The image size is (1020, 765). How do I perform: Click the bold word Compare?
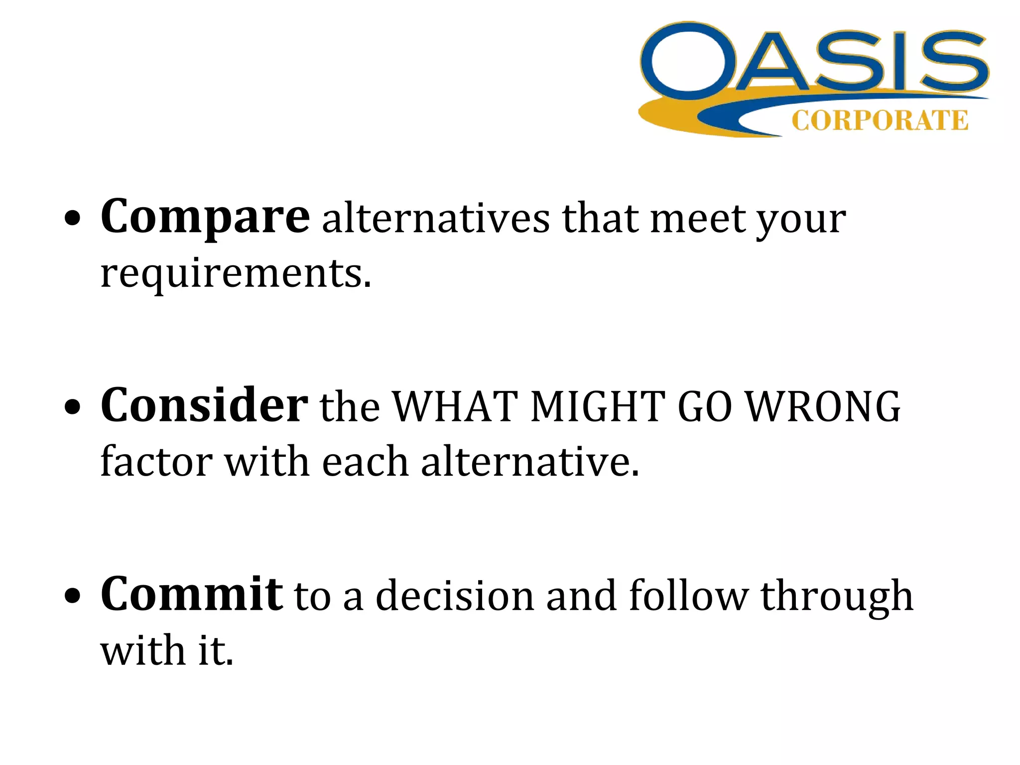[x=205, y=217]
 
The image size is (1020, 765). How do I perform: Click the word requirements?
[x=236, y=273]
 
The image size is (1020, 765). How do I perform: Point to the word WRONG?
[x=824, y=406]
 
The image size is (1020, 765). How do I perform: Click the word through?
[x=837, y=596]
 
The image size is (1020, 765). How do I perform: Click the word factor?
[x=156, y=461]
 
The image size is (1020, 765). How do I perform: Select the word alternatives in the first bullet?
[x=436, y=219]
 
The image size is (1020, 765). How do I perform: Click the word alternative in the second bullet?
[x=529, y=461]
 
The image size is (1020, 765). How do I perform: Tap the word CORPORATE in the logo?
[x=880, y=121]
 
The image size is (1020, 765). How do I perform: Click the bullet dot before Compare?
[x=73, y=219]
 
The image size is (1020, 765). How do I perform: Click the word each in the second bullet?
[x=365, y=461]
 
